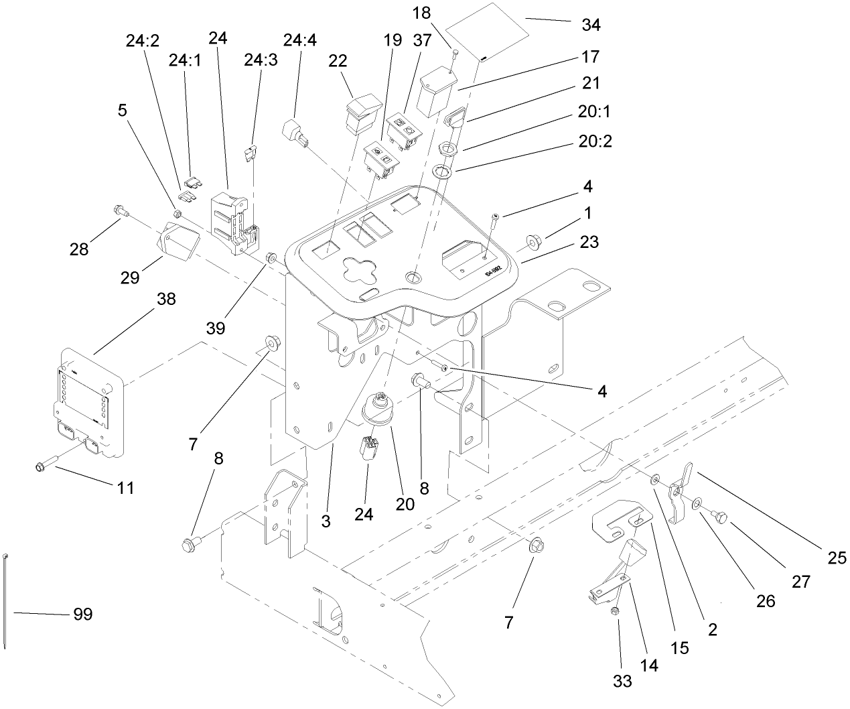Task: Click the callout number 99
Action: click(82, 614)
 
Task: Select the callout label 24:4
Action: click(299, 40)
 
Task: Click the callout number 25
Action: click(837, 557)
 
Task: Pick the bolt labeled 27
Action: click(721, 517)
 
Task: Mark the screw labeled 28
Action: click(120, 210)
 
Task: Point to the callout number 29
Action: click(131, 277)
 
